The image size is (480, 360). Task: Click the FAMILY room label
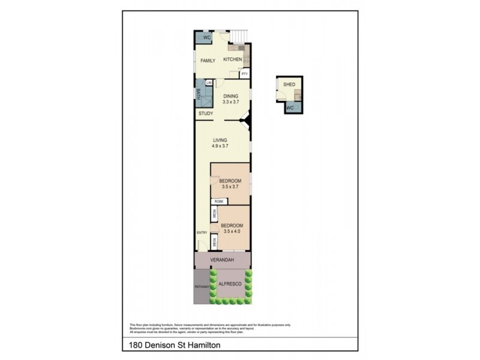tap(208, 61)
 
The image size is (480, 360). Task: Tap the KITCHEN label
tap(232, 59)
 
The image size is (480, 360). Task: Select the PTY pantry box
tap(244, 74)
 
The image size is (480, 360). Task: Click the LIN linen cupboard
tap(209, 83)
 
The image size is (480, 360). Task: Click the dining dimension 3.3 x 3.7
tap(231, 102)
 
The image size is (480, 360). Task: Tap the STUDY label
tap(205, 113)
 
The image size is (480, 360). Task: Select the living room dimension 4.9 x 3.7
tap(220, 146)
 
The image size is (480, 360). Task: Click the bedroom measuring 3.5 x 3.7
tap(230, 184)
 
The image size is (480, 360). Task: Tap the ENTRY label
tap(201, 233)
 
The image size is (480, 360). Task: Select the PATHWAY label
tap(201, 287)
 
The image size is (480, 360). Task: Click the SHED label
tap(289, 85)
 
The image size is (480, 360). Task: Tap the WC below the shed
tap(289, 108)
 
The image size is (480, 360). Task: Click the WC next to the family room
tap(206, 37)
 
